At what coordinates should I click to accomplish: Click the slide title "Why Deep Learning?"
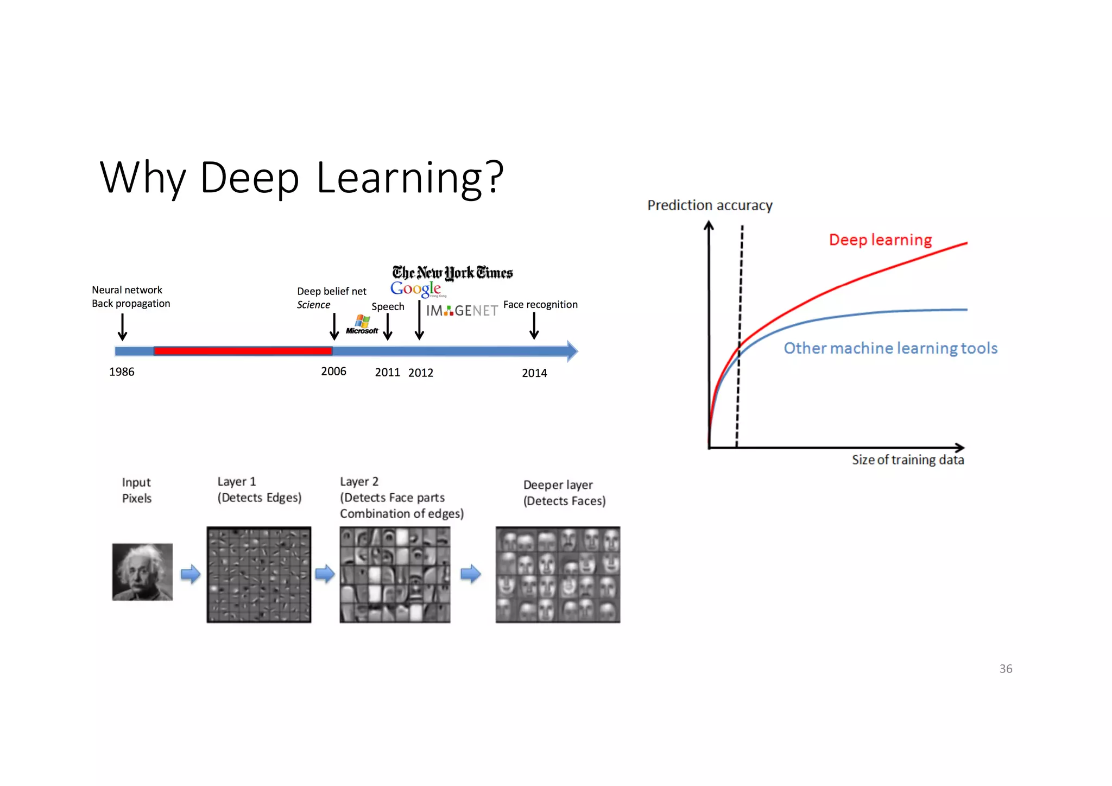302,178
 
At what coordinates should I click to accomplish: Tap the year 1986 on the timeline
122,372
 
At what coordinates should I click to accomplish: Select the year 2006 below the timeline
333,372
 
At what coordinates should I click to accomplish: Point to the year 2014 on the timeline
534,373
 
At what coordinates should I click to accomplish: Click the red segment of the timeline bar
243,351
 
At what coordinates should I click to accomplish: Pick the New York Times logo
452,273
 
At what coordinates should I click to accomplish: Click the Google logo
416,289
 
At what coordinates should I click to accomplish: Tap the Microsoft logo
362,325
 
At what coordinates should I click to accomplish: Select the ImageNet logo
462,311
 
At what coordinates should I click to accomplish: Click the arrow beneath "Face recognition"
534,326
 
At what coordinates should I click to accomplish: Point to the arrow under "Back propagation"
123,327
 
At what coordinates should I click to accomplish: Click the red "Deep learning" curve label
880,240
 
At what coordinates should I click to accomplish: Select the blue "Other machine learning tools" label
890,348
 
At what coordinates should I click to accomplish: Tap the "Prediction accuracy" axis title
710,205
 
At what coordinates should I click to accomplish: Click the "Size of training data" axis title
908,460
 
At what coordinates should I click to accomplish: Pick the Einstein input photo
142,572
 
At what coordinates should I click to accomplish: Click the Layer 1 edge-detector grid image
259,575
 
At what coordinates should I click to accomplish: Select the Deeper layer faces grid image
558,575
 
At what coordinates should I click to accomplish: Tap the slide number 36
1006,669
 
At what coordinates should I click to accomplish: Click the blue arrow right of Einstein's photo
191,574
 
